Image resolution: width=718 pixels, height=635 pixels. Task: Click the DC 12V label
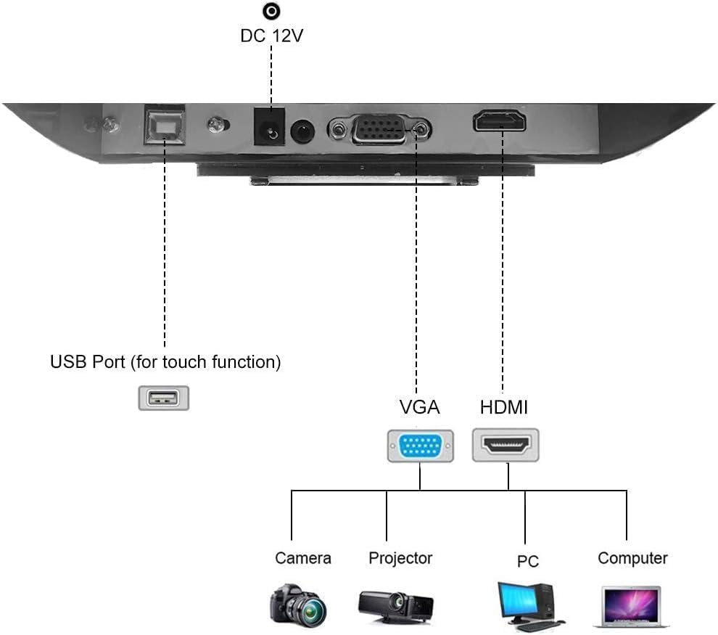[x=271, y=35]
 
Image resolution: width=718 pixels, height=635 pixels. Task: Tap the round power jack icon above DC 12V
[x=271, y=11]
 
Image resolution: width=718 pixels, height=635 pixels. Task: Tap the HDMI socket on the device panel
[x=500, y=120]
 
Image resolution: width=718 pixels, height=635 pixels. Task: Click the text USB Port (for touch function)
[x=165, y=361]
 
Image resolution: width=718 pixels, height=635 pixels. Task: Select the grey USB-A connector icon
[x=164, y=398]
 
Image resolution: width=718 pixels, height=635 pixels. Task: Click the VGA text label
[x=420, y=407]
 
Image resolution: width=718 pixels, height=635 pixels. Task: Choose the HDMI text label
[x=504, y=407]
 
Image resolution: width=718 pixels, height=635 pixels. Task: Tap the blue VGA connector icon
[x=421, y=446]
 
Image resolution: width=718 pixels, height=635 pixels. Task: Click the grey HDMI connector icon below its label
[x=506, y=445]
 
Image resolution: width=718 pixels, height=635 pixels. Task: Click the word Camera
[x=303, y=558]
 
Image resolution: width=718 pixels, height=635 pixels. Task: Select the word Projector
[x=400, y=558]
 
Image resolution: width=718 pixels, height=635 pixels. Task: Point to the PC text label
[x=528, y=562]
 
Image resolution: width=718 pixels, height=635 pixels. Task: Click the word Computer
[x=632, y=558]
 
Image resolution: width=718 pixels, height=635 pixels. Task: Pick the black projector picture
[x=396, y=604]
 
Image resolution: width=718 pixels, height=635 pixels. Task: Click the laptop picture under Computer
[x=631, y=607]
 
